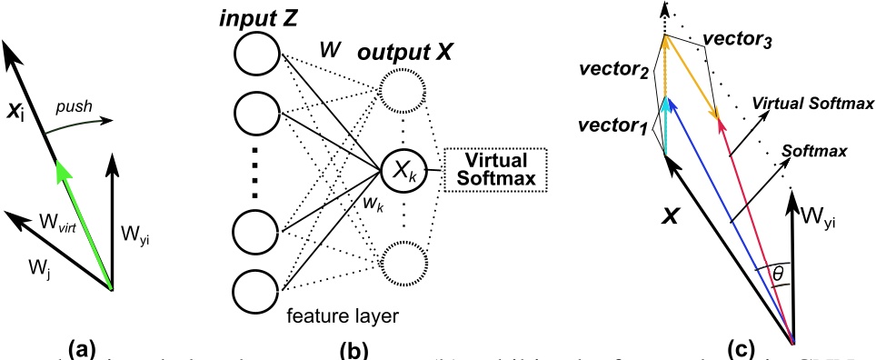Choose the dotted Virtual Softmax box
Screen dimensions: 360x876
[x=490, y=170]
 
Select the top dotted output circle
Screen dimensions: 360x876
[x=402, y=90]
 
